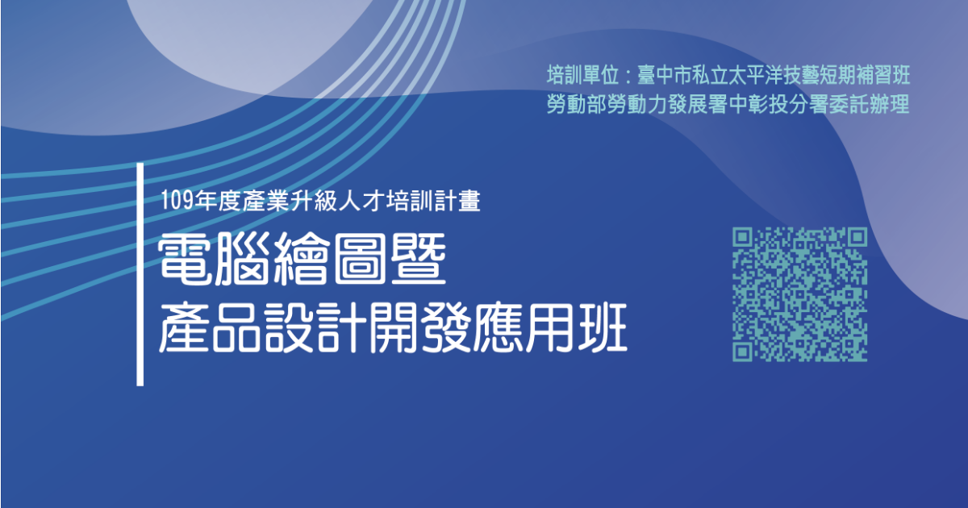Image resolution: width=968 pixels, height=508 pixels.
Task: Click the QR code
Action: click(x=800, y=294)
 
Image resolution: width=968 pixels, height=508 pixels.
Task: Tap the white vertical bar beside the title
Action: click(x=140, y=274)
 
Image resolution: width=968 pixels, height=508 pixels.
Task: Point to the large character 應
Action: click(x=497, y=327)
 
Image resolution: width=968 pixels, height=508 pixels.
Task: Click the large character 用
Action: click(x=549, y=327)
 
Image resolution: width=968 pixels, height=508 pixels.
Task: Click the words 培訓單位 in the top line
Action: click(x=582, y=75)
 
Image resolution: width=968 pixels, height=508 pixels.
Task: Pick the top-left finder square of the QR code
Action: click(x=742, y=237)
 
